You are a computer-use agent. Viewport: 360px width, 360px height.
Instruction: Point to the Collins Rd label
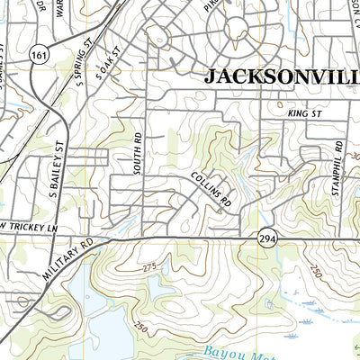pyautogui.click(x=211, y=190)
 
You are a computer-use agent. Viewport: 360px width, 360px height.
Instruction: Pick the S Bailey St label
pyautogui.click(x=55, y=172)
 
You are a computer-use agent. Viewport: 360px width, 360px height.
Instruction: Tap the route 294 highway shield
pyautogui.click(x=269, y=236)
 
